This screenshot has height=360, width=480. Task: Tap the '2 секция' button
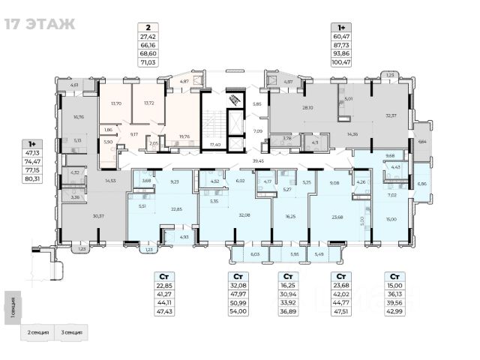[x=40, y=331]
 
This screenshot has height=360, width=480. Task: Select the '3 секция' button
[x=72, y=331]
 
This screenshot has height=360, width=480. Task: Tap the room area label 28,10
[x=307, y=107]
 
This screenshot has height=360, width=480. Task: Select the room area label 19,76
[x=183, y=136]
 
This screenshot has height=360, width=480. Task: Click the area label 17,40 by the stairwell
[x=214, y=142]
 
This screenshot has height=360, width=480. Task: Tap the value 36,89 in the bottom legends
[x=287, y=311]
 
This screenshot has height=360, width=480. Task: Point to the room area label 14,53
[x=111, y=180]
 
